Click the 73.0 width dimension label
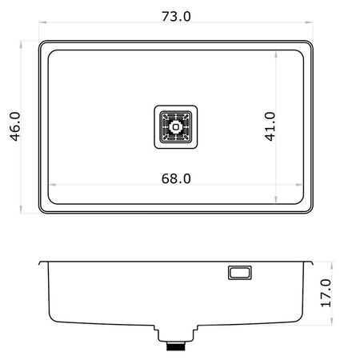(x=176, y=16)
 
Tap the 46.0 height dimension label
(x=15, y=126)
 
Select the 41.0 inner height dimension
(x=270, y=126)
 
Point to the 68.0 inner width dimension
(x=176, y=178)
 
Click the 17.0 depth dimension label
(x=326, y=293)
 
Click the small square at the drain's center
(x=175, y=127)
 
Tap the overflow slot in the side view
(x=240, y=273)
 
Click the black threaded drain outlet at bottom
(x=176, y=346)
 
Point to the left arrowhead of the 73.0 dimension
(x=42, y=22)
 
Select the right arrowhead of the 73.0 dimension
(x=309, y=22)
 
